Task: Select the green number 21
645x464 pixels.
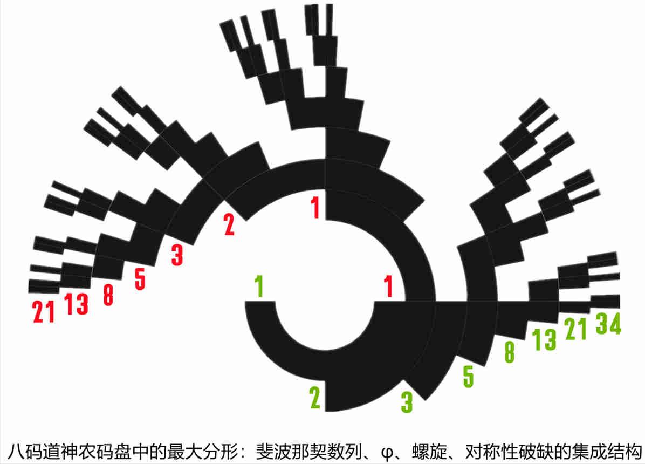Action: point(575,329)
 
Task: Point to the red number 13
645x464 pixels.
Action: point(76,303)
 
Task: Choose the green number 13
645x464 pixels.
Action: point(544,340)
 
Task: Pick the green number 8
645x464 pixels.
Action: point(509,352)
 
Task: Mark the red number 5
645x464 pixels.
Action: point(140,279)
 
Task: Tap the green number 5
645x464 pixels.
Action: point(468,376)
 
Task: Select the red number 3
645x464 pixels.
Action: point(177,255)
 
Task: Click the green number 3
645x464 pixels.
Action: point(407,402)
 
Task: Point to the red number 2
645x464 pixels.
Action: point(229,225)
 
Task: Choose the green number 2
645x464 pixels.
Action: point(315,397)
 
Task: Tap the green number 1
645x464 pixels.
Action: point(259,286)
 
